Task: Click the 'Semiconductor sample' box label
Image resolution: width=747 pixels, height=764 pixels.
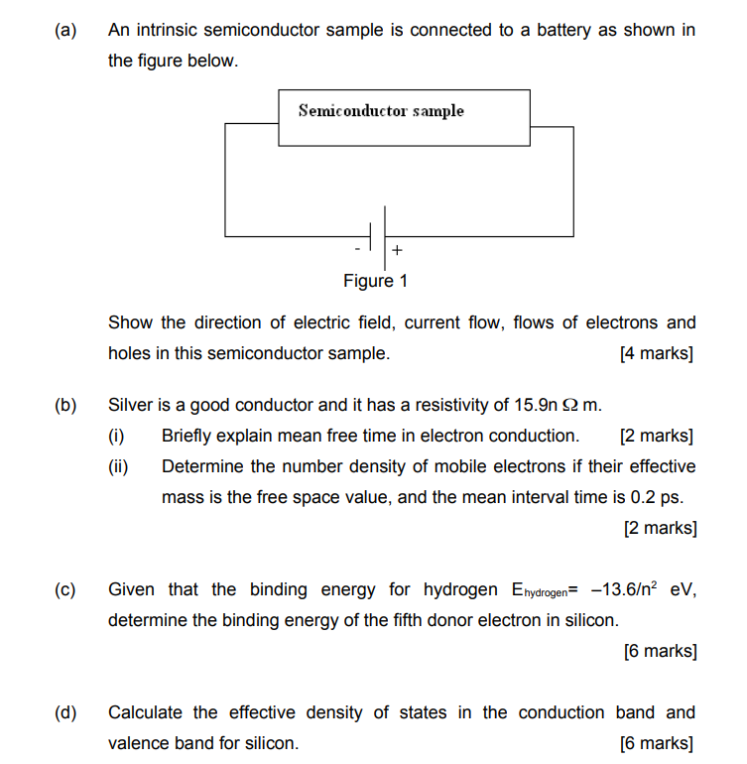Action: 381,111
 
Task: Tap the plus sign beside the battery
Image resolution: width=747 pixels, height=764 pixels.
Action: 397,249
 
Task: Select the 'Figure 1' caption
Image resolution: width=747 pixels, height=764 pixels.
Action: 375,281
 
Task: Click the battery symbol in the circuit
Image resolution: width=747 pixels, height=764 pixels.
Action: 378,236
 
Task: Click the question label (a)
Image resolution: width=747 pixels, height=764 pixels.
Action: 65,30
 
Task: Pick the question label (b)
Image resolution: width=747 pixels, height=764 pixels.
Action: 65,405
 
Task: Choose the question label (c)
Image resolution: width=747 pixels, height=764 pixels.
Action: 65,589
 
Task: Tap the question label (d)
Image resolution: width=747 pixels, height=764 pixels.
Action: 65,712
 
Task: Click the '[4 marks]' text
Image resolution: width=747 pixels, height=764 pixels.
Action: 656,353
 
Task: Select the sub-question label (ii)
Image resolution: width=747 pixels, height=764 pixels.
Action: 119,466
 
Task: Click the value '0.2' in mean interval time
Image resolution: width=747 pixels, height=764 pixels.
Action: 645,497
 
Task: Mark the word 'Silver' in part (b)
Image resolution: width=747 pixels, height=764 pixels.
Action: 131,405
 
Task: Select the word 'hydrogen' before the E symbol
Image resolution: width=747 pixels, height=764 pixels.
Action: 460,589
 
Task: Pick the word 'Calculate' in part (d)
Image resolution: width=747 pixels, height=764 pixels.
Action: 147,712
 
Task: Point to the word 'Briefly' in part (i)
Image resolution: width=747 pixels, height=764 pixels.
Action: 190,436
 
